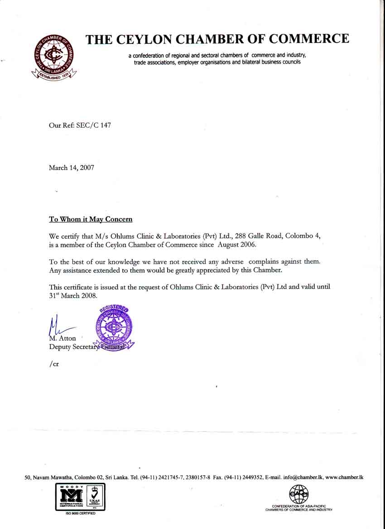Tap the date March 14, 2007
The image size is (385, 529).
tap(72, 168)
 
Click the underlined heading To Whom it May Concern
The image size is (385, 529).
tap(91, 219)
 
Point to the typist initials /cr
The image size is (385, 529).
tap(54, 364)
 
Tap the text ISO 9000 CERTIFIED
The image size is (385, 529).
tap(80, 513)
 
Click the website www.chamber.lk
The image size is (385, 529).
tap(345, 477)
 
